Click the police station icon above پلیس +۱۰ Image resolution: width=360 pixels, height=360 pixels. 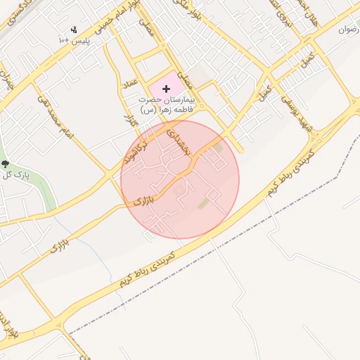[74, 30]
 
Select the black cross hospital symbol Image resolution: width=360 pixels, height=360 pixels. [166, 89]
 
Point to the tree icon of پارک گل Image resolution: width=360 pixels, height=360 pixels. [6, 164]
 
